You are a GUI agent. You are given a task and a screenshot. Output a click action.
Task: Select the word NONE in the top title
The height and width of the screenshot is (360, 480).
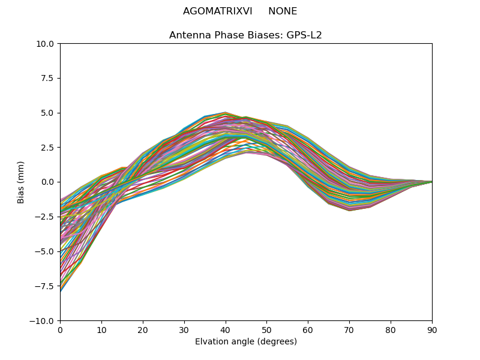click(283, 11)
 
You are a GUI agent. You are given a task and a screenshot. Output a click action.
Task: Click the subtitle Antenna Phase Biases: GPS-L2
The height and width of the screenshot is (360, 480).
click(245, 35)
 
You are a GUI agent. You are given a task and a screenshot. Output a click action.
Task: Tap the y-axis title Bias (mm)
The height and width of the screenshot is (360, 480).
click(21, 182)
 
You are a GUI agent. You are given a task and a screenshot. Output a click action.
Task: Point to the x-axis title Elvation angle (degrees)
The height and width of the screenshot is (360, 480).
click(245, 342)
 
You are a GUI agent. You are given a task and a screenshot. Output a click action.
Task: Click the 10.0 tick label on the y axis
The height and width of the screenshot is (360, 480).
click(45, 44)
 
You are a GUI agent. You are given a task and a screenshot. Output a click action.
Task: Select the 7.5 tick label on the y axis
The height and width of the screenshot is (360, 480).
click(47, 78)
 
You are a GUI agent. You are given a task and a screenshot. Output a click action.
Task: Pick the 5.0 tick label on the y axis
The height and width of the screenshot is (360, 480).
click(47, 113)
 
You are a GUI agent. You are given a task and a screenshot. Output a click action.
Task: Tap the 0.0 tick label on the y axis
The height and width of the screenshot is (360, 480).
click(47, 182)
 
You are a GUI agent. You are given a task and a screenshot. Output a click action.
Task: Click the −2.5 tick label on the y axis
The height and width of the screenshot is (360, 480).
click(44, 217)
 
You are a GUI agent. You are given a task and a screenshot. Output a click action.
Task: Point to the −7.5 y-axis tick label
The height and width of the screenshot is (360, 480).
click(44, 286)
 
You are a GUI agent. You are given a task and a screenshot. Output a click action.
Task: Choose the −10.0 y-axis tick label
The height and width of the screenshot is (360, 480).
click(42, 321)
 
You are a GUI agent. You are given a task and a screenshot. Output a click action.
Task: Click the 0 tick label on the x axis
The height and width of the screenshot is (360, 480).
click(60, 329)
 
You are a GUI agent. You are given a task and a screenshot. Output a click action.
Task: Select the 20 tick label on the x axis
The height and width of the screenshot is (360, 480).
click(143, 329)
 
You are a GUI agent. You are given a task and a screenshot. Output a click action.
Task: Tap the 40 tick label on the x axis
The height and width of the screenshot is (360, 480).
click(225, 329)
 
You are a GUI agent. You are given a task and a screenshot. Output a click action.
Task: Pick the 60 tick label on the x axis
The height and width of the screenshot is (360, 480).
click(308, 329)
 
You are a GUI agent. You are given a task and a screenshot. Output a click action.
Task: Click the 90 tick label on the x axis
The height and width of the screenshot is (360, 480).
click(432, 329)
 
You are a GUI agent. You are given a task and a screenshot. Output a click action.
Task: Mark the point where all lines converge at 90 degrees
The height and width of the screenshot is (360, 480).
click(432, 182)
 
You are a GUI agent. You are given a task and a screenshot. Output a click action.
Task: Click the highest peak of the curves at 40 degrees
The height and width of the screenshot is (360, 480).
click(225, 112)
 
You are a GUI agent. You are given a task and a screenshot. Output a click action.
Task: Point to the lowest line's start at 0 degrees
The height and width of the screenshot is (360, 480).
click(61, 292)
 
